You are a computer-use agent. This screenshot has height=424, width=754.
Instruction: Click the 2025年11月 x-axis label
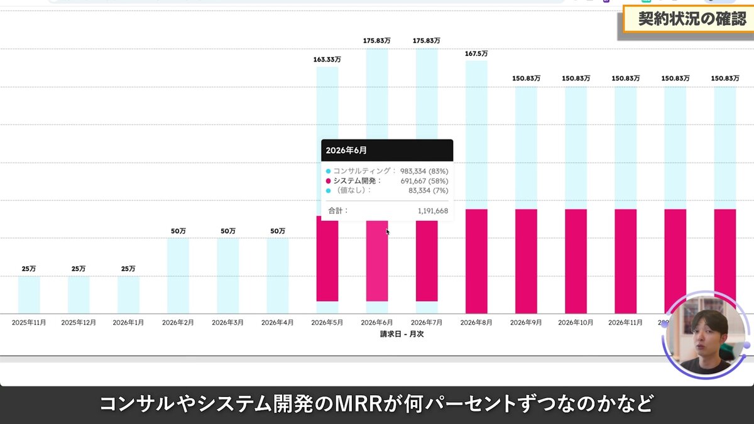29,322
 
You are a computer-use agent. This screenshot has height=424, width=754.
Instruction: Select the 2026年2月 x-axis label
178,322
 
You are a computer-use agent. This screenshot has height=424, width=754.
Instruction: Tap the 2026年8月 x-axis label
476,322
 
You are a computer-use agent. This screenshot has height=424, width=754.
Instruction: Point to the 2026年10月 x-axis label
576,322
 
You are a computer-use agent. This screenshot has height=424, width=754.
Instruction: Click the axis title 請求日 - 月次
402,334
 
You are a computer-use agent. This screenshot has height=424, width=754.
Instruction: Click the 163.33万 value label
327,60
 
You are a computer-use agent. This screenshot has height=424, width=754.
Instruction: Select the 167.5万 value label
476,54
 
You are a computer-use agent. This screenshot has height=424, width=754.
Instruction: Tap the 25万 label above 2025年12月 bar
79,269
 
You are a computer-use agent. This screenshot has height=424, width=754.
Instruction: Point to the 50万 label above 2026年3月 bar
227,231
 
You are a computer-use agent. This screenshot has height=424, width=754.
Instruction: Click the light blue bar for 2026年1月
128,295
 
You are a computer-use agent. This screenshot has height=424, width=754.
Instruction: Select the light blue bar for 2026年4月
277,276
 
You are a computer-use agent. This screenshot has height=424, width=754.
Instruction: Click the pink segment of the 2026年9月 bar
526,261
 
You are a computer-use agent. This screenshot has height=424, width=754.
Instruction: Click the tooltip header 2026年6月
346,151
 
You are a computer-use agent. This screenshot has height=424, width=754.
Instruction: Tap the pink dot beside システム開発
328,181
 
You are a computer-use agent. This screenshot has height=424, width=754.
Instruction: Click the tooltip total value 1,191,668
432,211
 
